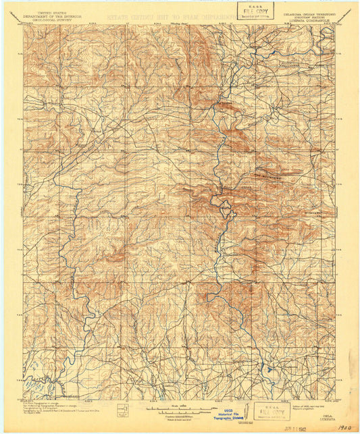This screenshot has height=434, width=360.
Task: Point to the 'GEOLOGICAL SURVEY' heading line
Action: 47,20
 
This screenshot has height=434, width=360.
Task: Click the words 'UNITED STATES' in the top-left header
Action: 47,12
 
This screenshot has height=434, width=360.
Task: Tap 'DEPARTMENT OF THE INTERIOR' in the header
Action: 47,16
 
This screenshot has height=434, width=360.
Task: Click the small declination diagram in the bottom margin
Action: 123,410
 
